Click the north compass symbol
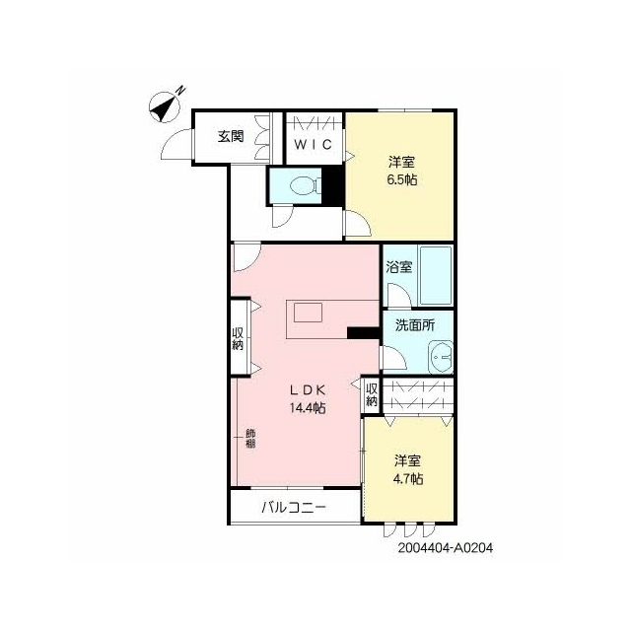166,105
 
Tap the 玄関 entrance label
231,136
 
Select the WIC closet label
314,144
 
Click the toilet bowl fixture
305,185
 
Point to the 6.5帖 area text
402,179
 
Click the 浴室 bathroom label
399,267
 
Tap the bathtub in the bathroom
436,275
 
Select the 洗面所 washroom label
415,325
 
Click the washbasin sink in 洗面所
441,357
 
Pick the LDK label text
308,389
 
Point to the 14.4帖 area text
308,408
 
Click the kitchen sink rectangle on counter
308,313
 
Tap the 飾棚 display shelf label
250,439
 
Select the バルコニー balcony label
294,507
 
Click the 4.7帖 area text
407,479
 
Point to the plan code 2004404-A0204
446,548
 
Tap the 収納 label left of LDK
238,338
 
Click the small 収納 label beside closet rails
372,394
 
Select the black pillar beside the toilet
333,186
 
